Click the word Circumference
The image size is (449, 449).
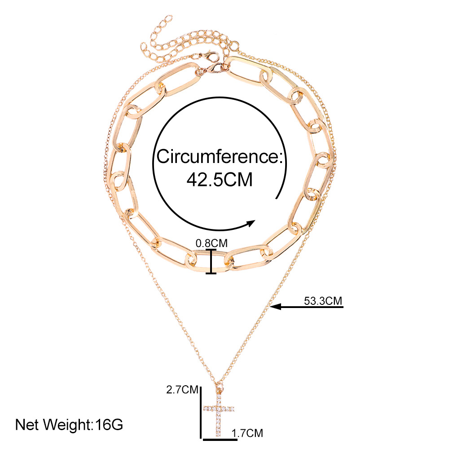click(x=217, y=158)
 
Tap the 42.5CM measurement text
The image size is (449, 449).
click(x=219, y=180)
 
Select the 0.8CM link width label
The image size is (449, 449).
click(x=211, y=243)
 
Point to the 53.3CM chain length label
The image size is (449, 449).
click(x=323, y=300)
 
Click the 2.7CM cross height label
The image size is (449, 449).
click(x=182, y=390)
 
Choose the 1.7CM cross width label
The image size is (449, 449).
click(x=247, y=433)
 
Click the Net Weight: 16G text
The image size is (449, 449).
click(x=69, y=424)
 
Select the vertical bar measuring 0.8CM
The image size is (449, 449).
click(x=211, y=261)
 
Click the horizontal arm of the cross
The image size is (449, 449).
click(x=219, y=409)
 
